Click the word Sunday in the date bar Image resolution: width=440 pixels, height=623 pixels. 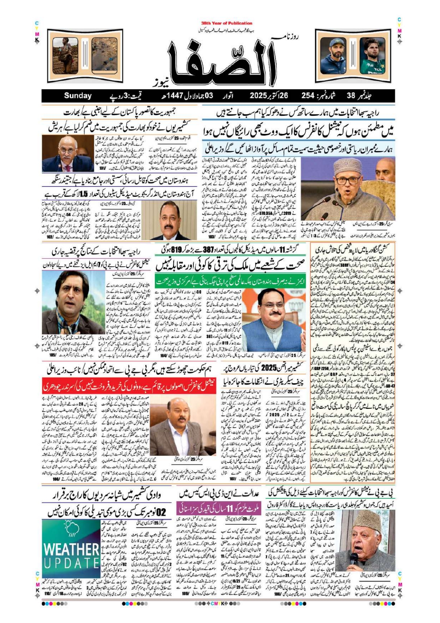pos(78,95)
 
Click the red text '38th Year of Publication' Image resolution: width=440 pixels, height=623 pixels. pos(227,23)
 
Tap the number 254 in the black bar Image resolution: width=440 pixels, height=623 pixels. pos(308,95)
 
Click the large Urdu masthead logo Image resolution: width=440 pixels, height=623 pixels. pos(222,59)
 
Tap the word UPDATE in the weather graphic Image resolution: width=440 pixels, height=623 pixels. pos(71,563)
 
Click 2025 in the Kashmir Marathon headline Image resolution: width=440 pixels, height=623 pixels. pos(271,368)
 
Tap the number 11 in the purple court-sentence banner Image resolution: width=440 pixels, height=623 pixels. pos(230,509)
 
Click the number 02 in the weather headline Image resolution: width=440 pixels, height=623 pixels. pos(161,512)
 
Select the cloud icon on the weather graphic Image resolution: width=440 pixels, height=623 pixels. pos(69,526)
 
